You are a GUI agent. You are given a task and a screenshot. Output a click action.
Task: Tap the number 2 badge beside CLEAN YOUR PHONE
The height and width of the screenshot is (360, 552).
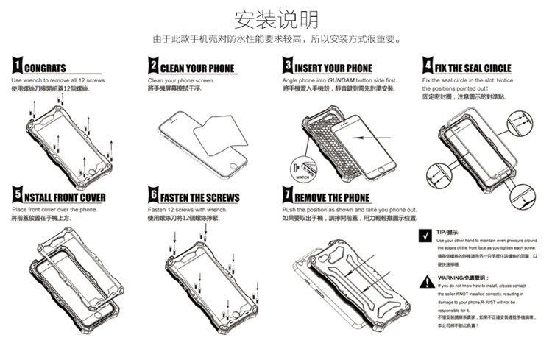(x=153, y=66)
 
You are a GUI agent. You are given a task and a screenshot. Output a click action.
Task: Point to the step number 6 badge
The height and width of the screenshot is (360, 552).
(x=153, y=197)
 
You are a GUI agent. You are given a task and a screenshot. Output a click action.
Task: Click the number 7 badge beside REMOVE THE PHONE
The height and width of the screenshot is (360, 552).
(x=288, y=197)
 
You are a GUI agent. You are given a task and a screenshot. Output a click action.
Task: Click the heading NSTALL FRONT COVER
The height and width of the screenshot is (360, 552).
(x=65, y=198)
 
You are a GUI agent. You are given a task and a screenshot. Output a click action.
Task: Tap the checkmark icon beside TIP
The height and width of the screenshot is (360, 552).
(x=425, y=237)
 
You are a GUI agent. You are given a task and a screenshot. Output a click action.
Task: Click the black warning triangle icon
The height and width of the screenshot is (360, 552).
(x=425, y=280)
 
